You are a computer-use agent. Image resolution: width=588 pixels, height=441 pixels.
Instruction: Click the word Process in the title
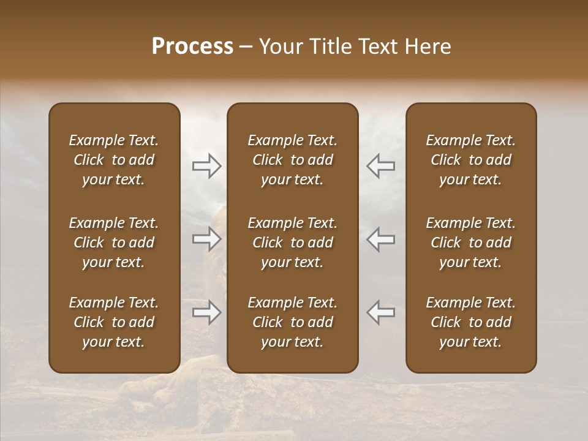pyautogui.click(x=192, y=47)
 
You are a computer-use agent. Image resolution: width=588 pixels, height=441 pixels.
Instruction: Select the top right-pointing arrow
pyautogui.click(x=206, y=166)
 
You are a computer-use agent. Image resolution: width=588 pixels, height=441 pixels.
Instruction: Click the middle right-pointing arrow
pyautogui.click(x=206, y=239)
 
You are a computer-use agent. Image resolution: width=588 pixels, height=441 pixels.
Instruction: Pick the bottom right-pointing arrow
pyautogui.click(x=206, y=312)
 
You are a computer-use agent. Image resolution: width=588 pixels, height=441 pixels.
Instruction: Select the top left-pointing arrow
pyautogui.click(x=381, y=166)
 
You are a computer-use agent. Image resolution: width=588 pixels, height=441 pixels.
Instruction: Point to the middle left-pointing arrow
pyautogui.click(x=381, y=239)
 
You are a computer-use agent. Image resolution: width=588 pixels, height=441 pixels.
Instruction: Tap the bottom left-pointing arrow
pyautogui.click(x=381, y=312)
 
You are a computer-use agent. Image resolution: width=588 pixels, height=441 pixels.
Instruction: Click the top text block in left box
pyautogui.click(x=114, y=160)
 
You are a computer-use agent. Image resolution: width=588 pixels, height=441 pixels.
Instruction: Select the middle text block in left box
pyautogui.click(x=114, y=243)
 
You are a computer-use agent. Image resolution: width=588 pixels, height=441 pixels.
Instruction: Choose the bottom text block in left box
pyautogui.click(x=114, y=322)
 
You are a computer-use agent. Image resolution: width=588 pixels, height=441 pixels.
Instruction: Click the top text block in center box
pyautogui.click(x=292, y=160)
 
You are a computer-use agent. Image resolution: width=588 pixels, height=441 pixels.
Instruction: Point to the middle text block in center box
pyautogui.click(x=292, y=243)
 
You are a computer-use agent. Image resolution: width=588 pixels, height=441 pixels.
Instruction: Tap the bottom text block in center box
pyautogui.click(x=292, y=322)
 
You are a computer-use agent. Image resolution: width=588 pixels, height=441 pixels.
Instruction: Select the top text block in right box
pyautogui.click(x=470, y=160)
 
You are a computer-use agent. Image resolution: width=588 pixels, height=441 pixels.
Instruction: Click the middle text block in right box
pyautogui.click(x=470, y=243)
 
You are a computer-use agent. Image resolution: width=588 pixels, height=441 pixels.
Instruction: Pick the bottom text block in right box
pyautogui.click(x=470, y=322)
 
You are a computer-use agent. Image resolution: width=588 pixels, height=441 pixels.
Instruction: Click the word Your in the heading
pyautogui.click(x=279, y=47)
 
